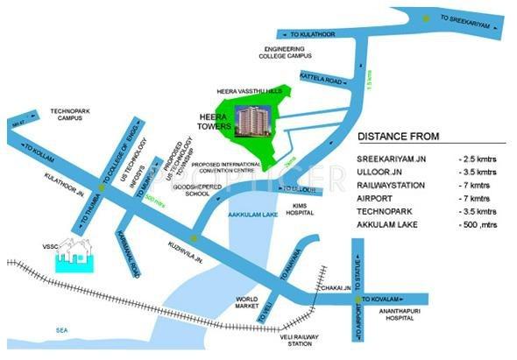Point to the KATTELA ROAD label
coord(317,77)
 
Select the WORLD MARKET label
coord(247,305)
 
